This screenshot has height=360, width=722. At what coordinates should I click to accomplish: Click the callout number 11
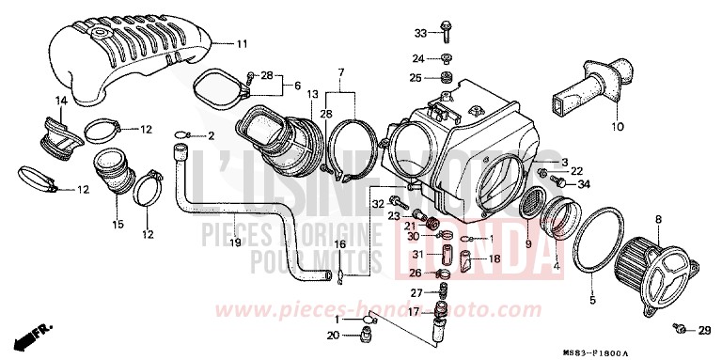pos(242,44)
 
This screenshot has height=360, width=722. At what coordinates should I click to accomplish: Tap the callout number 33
pos(420,33)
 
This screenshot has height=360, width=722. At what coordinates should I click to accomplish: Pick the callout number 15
pos(118,224)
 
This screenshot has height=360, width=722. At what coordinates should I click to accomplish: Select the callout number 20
pos(332,336)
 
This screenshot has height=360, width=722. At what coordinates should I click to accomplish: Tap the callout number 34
pos(582,183)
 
